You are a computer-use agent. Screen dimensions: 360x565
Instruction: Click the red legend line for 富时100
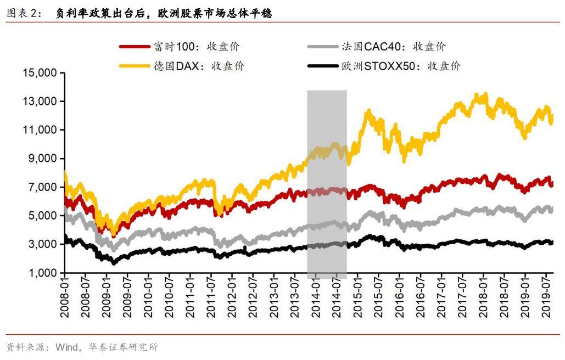[134, 47]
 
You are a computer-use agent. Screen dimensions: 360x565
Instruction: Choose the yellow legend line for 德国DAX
[134, 66]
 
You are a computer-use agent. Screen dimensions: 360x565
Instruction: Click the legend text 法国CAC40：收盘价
[397, 47]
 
